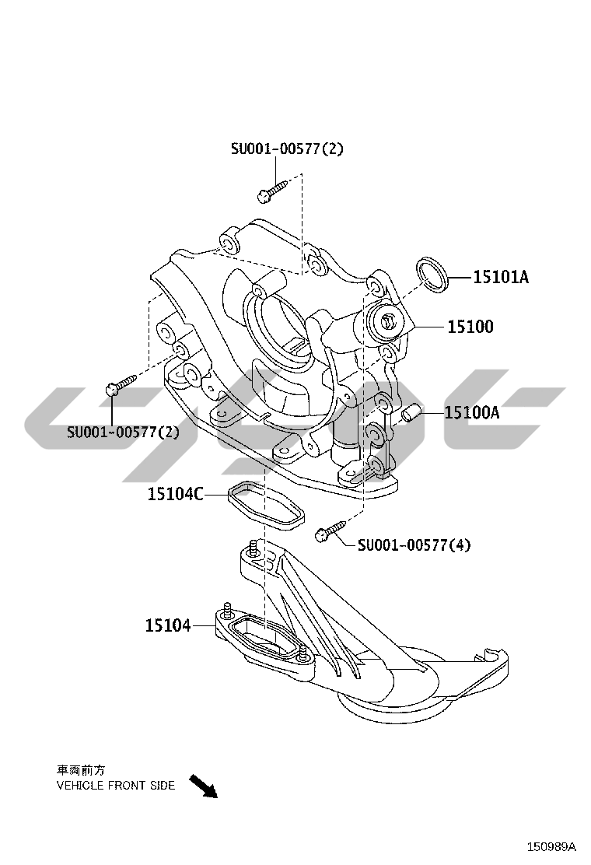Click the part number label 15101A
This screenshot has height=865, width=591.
[x=501, y=277]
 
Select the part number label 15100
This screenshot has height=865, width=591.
[x=470, y=327]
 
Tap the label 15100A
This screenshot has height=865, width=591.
[x=471, y=412]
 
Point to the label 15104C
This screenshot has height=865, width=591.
[x=176, y=493]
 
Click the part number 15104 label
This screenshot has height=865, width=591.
[x=167, y=625]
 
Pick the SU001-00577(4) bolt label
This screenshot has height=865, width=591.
[x=414, y=545]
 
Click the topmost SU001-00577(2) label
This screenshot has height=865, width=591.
[x=286, y=149]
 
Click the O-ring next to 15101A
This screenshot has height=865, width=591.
[x=432, y=275]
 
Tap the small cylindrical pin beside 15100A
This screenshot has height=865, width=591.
[x=411, y=412]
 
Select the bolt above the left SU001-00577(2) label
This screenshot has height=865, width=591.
[x=121, y=383]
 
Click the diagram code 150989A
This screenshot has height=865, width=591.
[x=551, y=846]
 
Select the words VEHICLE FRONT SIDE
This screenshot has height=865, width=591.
[x=116, y=785]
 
